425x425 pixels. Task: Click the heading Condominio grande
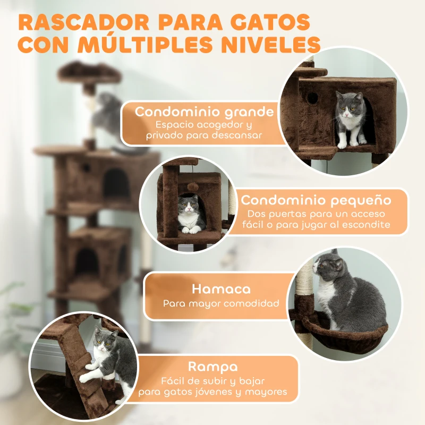pyautogui.click(x=204, y=112)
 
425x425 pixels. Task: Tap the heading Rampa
pyautogui.click(x=212, y=367)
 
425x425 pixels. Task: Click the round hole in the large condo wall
pyautogui.click(x=312, y=98)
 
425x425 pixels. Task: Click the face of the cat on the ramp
pyautogui.click(x=104, y=343)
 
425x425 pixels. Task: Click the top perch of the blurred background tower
pyautogui.click(x=89, y=72)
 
